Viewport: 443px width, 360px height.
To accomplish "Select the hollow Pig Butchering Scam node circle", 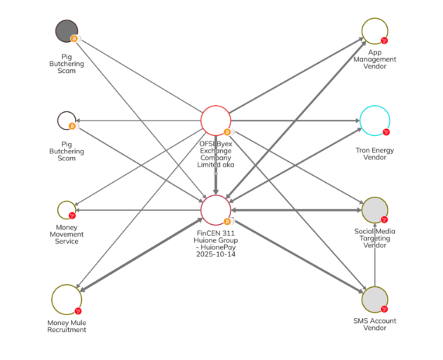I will coord(66,120).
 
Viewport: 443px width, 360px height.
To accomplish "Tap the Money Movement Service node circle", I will coord(66,210).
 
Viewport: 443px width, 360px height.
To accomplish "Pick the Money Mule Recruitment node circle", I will coord(66,299).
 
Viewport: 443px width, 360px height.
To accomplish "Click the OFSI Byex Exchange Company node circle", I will coord(216,120).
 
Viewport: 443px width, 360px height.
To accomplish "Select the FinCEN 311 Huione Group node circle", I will coord(216,210).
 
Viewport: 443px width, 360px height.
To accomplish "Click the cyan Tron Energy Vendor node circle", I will coord(375,120).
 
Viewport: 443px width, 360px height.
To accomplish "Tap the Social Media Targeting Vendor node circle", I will coord(375,210).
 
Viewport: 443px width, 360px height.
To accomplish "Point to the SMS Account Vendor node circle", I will coord(375,300).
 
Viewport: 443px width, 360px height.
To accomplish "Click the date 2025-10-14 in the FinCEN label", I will coord(216,255).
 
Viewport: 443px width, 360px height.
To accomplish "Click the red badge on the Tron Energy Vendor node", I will coord(385,132).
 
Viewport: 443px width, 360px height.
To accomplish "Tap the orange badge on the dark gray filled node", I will coord(74,39).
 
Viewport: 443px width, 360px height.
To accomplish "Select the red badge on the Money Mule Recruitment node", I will coord(78,310).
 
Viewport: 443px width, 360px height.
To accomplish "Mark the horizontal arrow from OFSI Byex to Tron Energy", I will coord(294,120).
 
